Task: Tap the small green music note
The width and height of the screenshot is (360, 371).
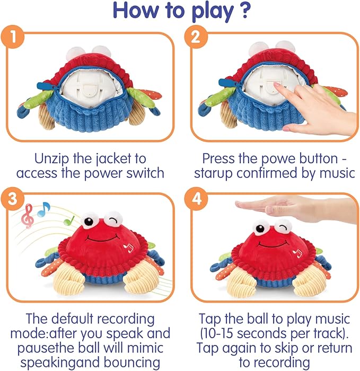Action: [x=67, y=219]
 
